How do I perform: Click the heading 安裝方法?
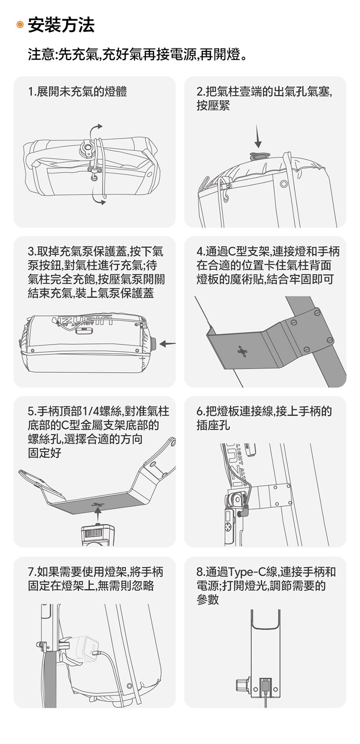(61, 25)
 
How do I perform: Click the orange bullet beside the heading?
(20, 25)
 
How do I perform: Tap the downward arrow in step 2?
(258, 136)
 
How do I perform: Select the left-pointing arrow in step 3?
(168, 344)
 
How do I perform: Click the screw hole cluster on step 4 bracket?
(242, 350)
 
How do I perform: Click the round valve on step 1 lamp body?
(88, 148)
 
